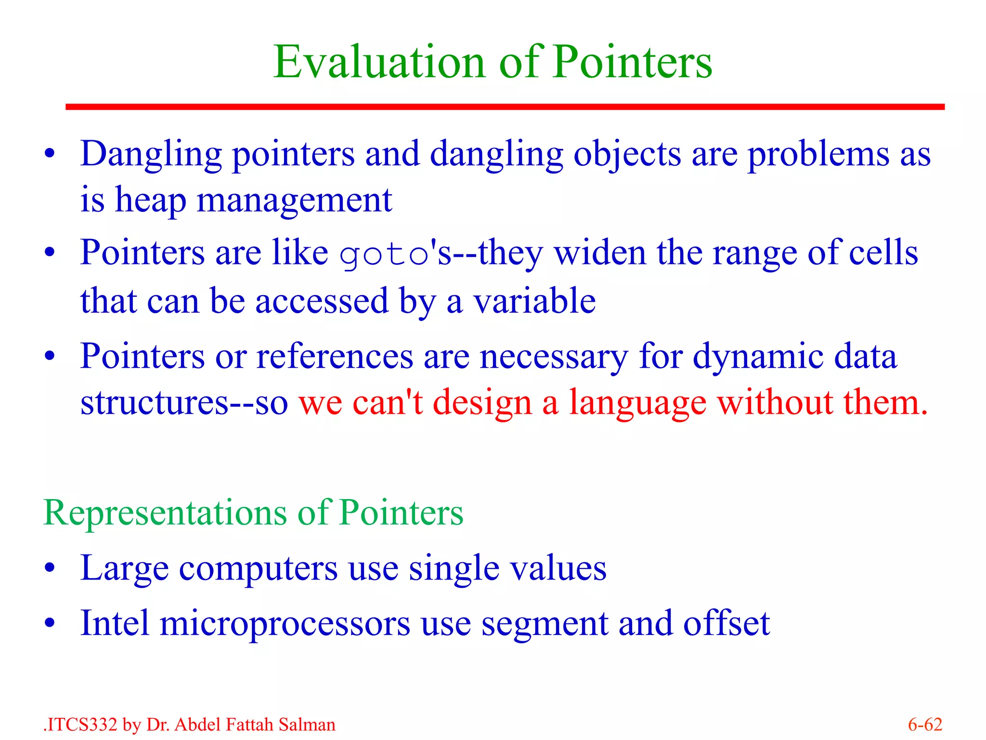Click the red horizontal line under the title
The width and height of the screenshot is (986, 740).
(x=505, y=106)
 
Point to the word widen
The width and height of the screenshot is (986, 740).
(x=599, y=253)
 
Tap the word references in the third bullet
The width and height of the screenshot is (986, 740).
(x=335, y=357)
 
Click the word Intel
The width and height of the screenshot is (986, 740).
(x=115, y=623)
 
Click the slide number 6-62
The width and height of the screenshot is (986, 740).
(x=925, y=725)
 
